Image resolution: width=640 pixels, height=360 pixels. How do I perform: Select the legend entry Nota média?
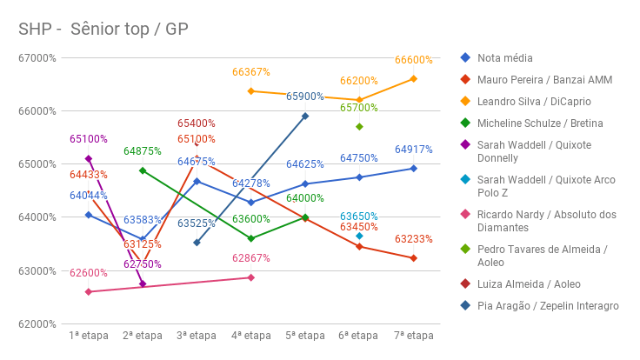pyautogui.click(x=505, y=57)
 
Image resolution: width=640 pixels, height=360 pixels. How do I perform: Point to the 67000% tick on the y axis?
pyautogui.click(x=38, y=58)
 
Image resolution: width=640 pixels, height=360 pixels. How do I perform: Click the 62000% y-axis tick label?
pyautogui.click(x=38, y=323)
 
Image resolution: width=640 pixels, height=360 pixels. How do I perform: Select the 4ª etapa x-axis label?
pyautogui.click(x=251, y=336)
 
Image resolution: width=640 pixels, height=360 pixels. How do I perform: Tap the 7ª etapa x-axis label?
pyautogui.click(x=414, y=336)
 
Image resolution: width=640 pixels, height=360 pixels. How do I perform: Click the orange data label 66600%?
pyautogui.click(x=413, y=60)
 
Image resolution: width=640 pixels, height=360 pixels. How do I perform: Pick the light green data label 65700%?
pyautogui.click(x=359, y=108)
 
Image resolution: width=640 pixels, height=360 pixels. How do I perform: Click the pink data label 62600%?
pyautogui.click(x=89, y=273)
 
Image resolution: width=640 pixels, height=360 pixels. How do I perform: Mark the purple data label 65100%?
pyautogui.click(x=89, y=139)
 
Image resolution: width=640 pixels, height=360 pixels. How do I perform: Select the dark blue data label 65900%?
pyautogui.click(x=305, y=97)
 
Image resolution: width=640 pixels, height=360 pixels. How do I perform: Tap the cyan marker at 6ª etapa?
pyautogui.click(x=359, y=236)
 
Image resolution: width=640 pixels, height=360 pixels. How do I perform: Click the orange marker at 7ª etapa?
pyautogui.click(x=414, y=79)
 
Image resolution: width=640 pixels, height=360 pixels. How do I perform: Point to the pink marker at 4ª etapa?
pyautogui.click(x=251, y=277)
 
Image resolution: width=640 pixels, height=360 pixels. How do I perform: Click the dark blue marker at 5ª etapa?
pyautogui.click(x=305, y=116)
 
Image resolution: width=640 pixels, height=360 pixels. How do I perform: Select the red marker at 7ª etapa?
pyautogui.click(x=414, y=258)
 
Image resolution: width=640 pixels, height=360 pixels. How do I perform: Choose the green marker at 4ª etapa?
pyautogui.click(x=251, y=238)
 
